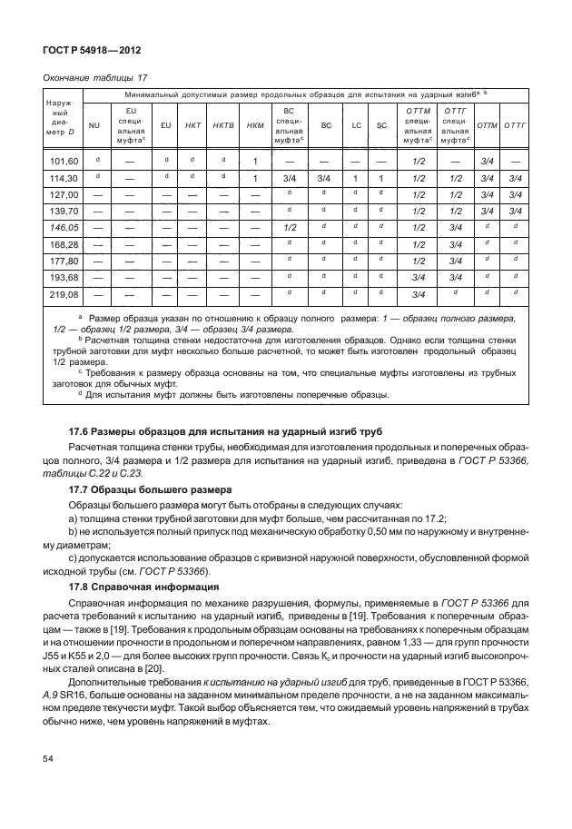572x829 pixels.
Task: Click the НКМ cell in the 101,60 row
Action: coord(256,162)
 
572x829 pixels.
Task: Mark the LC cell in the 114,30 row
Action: coord(357,178)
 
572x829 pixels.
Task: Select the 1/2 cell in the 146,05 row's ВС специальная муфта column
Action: coord(291,226)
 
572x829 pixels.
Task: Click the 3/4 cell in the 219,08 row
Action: coord(419,294)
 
